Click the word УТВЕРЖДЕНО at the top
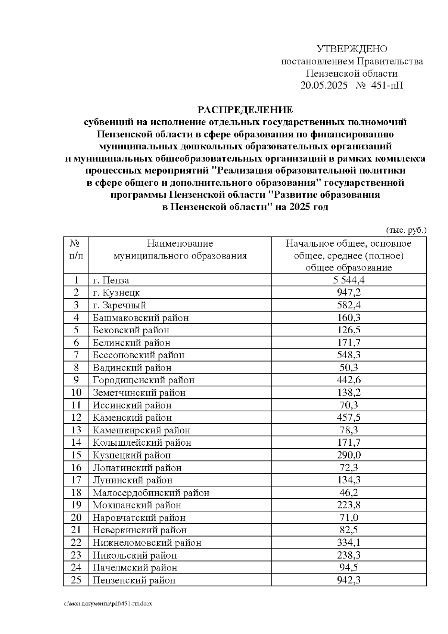point(352,49)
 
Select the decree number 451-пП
point(387,86)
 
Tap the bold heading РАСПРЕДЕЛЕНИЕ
point(245,110)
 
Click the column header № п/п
point(76,250)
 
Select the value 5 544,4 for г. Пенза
point(349,280)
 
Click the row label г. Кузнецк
point(116,293)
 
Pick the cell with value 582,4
point(349,305)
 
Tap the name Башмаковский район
point(140,318)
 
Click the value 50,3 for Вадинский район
point(349,368)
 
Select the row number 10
point(76,393)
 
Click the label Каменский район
point(132,418)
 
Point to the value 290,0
point(349,455)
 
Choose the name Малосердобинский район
point(151,493)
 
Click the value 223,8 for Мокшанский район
point(349,505)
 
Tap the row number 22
point(76,542)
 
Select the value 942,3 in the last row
point(349,580)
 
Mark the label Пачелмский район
point(135,567)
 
